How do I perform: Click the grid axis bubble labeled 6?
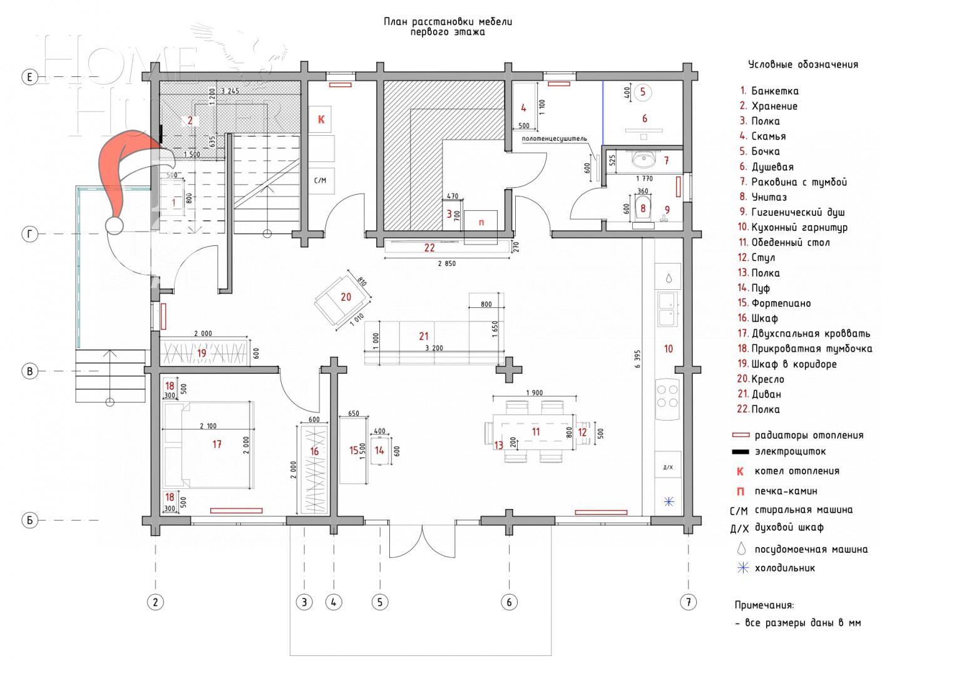[x=509, y=602]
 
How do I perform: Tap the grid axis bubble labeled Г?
[x=29, y=234]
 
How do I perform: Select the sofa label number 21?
[x=424, y=337]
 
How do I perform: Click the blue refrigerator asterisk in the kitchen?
[x=668, y=501]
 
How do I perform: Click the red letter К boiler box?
[x=321, y=119]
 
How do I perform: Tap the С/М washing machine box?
[x=320, y=180]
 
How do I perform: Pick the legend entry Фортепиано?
[x=781, y=303]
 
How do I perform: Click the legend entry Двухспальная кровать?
[x=811, y=334]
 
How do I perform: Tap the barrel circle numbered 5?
[x=643, y=93]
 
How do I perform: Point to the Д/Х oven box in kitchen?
[x=667, y=467]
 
